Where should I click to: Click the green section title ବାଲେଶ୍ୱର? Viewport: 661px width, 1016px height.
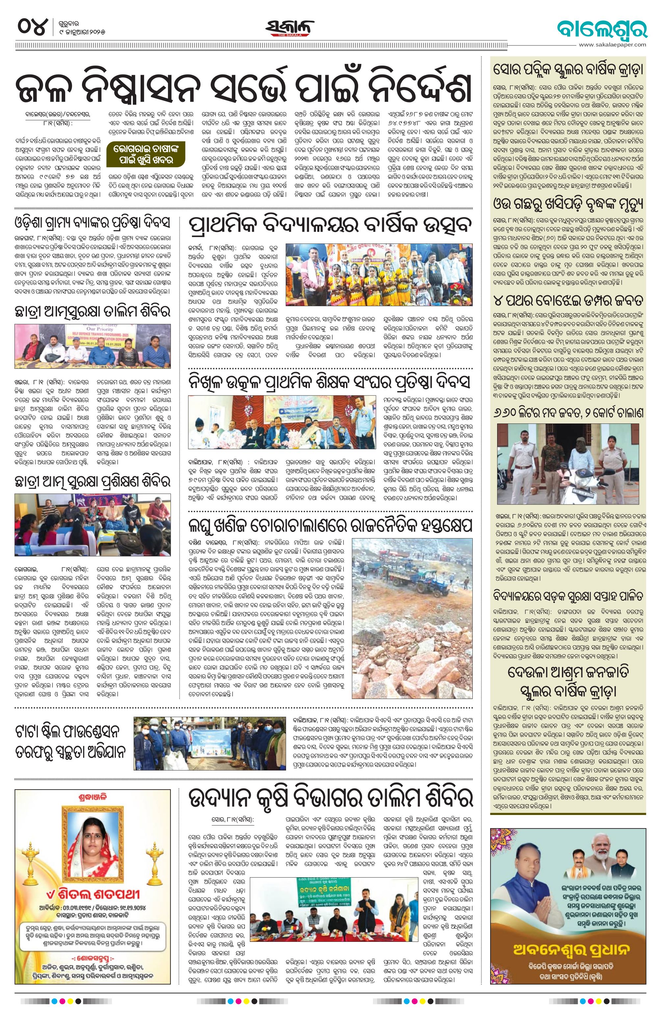tap(602, 28)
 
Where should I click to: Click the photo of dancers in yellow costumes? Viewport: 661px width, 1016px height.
tap(379, 275)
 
